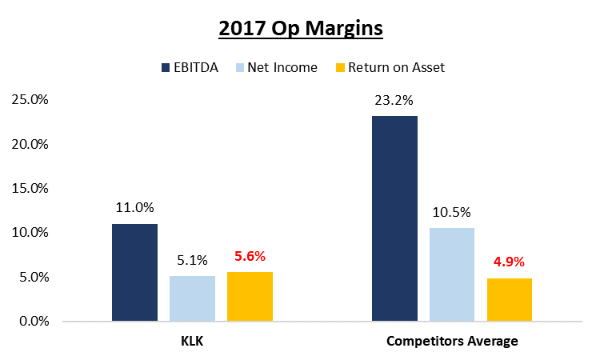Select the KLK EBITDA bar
(134, 272)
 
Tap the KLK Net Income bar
(192, 298)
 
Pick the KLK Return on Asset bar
(250, 296)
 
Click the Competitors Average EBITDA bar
(394, 218)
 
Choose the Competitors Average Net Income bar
(452, 274)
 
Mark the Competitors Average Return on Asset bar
(510, 299)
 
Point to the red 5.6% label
(250, 256)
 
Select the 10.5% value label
(452, 212)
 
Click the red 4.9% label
(510, 262)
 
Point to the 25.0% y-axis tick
(31, 100)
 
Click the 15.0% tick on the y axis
(31, 189)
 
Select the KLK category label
(192, 341)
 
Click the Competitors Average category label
(452, 341)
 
